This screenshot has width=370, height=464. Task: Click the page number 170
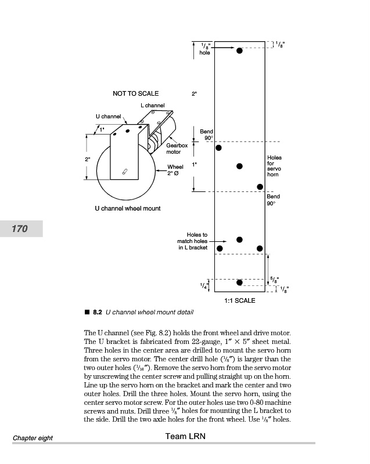click(20, 229)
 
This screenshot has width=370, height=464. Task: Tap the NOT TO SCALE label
click(135, 93)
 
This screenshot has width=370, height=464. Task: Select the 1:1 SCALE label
click(239, 300)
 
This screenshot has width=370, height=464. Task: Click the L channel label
click(153, 106)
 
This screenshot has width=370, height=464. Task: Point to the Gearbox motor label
click(174, 148)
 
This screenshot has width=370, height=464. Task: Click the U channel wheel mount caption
click(128, 208)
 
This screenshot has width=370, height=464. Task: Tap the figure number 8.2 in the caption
click(98, 312)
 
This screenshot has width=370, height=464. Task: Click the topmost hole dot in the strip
click(239, 51)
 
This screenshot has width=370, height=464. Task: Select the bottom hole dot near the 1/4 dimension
click(240, 282)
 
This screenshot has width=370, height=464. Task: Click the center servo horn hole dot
click(239, 166)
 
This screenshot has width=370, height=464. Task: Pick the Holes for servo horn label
click(274, 166)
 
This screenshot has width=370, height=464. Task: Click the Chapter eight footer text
click(33, 438)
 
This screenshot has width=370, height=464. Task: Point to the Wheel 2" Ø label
click(175, 170)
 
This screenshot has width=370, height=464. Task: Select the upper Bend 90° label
click(207, 135)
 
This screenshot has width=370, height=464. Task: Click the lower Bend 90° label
click(273, 200)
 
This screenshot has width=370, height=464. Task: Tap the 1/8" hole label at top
click(204, 49)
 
